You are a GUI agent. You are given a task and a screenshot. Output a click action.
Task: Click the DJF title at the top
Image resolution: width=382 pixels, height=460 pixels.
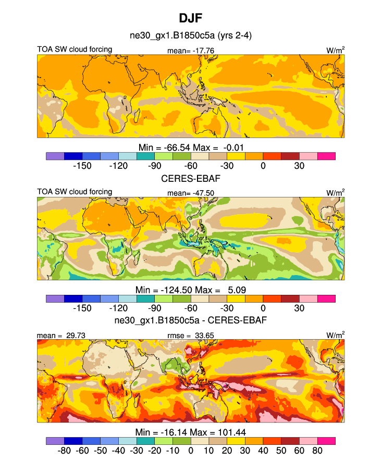190,18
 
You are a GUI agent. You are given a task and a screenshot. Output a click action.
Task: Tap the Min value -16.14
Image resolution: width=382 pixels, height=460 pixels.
175,432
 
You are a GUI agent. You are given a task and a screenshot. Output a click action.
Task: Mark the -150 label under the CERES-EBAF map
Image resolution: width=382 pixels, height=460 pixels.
82,308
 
